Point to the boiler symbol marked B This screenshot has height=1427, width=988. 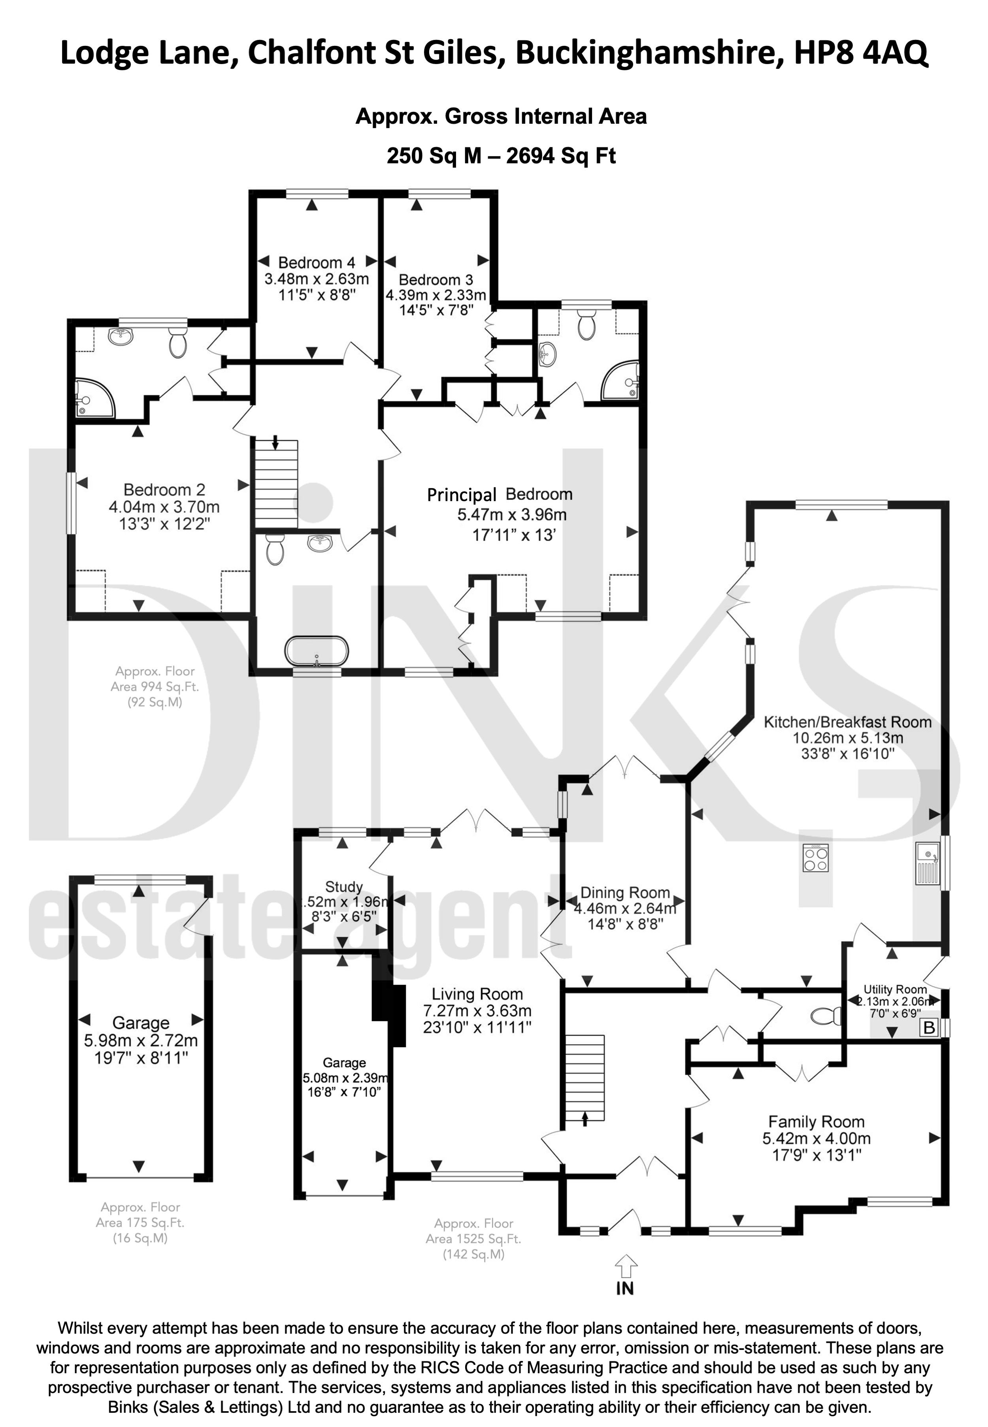pos(929,1028)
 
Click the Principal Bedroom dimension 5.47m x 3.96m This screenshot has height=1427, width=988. pos(512,515)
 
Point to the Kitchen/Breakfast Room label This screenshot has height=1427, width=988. pos(847,722)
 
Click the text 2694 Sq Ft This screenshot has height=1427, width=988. pos(562,155)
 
